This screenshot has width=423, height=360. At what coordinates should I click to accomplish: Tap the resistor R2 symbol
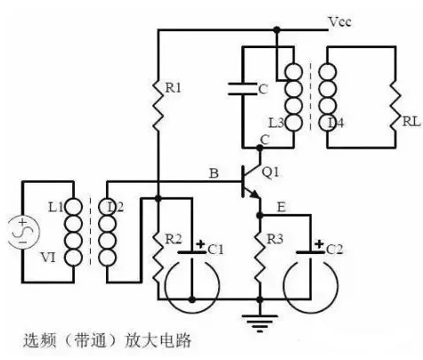(158, 253)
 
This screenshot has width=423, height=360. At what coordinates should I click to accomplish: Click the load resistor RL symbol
(393, 97)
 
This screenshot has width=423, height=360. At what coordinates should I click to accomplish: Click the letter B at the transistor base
(213, 173)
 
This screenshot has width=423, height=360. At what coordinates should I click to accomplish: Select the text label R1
(173, 87)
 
